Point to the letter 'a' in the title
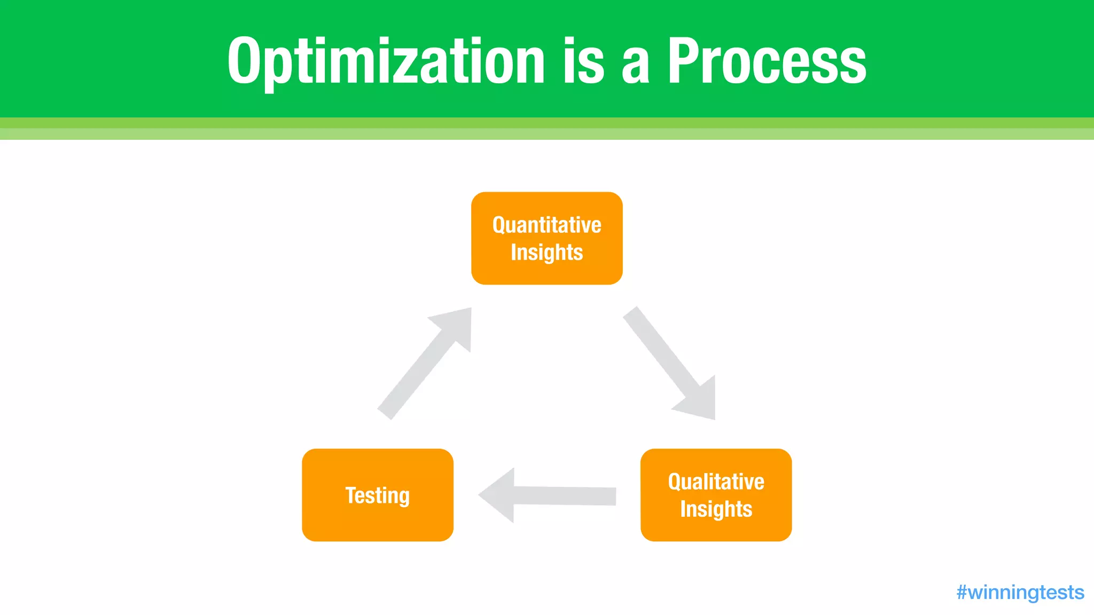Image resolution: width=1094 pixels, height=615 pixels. pyautogui.click(x=635, y=67)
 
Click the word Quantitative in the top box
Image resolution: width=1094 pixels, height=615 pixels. pyautogui.click(x=546, y=225)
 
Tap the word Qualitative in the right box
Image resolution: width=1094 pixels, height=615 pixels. pyautogui.click(x=716, y=482)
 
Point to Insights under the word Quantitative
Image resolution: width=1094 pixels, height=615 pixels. pyautogui.click(x=546, y=253)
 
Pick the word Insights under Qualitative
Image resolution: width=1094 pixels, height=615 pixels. pyautogui.click(x=716, y=509)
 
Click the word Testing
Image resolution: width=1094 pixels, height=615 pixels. pyautogui.click(x=377, y=495)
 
